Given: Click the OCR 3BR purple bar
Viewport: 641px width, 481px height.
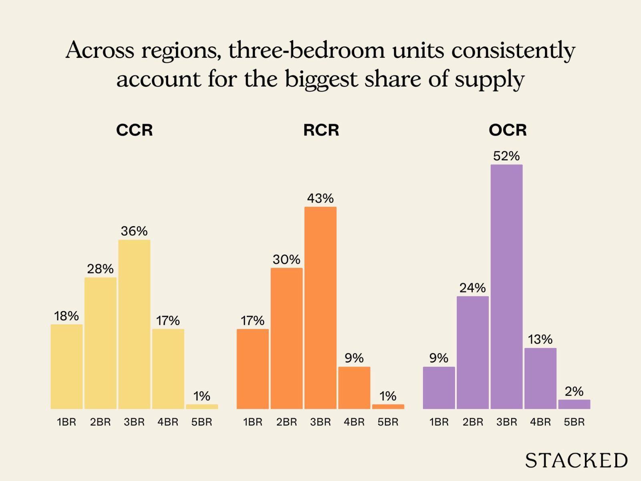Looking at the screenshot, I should [506, 287].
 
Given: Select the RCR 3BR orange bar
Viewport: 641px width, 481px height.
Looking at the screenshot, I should [320, 308].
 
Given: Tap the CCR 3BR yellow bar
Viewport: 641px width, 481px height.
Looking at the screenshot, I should [134, 324].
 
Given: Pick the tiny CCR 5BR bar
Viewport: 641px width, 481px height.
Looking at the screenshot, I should [202, 406].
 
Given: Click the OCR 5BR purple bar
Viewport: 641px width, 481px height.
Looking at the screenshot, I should [574, 404].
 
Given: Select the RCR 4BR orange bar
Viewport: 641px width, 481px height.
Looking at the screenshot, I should [354, 388].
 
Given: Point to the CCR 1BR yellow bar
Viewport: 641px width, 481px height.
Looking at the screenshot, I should [67, 366].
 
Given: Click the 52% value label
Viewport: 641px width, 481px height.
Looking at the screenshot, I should [506, 156].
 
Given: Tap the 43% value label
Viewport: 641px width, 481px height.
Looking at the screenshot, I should [320, 198].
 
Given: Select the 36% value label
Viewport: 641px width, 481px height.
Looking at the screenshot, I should [134, 231].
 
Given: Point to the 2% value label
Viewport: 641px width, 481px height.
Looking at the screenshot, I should [574, 391].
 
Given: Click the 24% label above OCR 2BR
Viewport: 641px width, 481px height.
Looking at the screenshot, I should [473, 288].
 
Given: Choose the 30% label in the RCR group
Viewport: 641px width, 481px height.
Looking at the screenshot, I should [286, 260].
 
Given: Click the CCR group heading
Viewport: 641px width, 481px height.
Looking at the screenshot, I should [134, 130].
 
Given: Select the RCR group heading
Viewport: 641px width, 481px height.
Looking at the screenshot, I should [321, 130].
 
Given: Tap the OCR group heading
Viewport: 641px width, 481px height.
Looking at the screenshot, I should [508, 130].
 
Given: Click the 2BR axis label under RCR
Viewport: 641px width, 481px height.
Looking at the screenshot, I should [286, 422].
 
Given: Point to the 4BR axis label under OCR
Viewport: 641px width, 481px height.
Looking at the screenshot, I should [540, 422].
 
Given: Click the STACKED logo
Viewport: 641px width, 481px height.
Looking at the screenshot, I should [576, 461].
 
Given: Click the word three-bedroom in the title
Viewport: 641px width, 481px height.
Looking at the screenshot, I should [306, 51].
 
